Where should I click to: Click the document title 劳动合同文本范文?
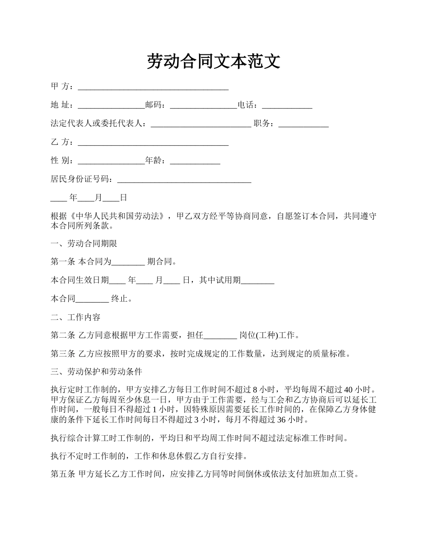213,62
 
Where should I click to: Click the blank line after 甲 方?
153,87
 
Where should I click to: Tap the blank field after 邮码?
203,106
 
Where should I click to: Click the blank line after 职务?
303,125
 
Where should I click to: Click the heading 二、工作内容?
76,317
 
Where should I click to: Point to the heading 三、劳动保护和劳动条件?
97,372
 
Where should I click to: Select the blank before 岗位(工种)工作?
220,336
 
